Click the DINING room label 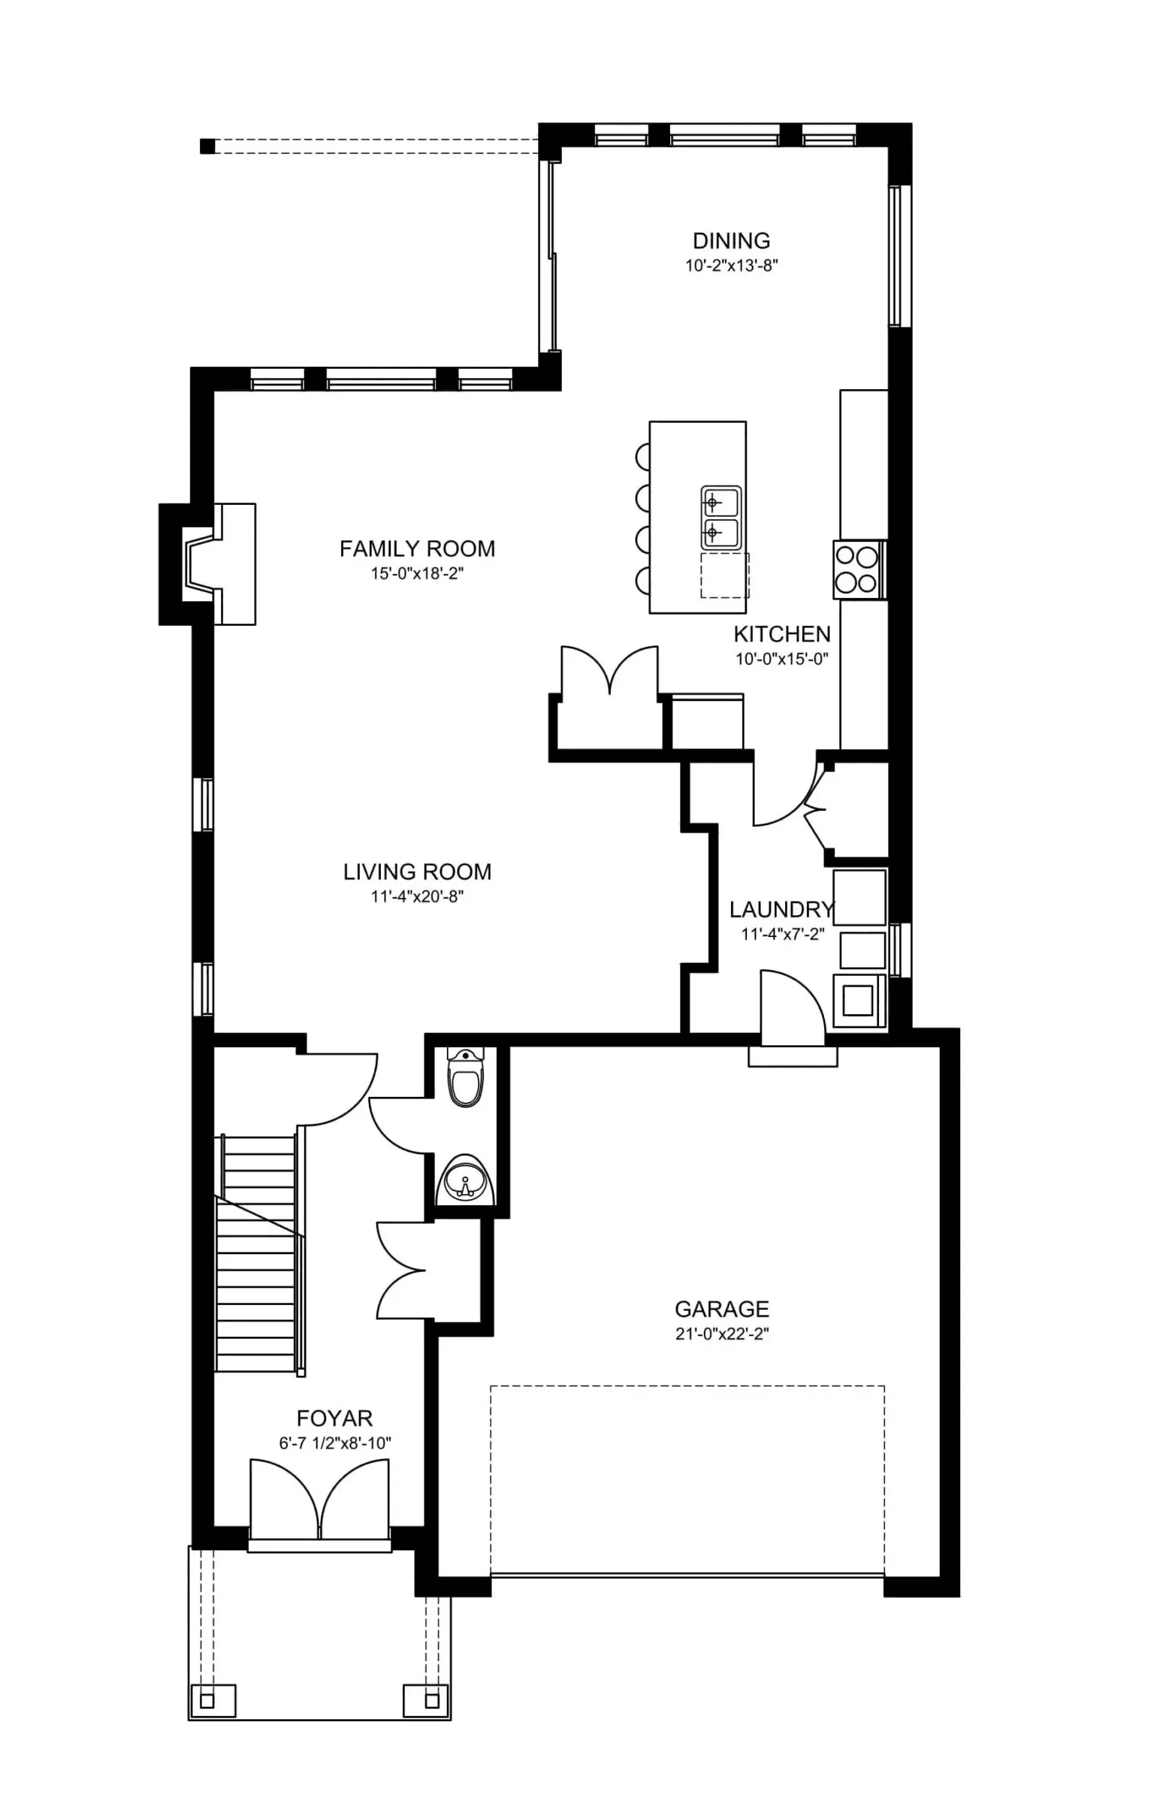point(731,241)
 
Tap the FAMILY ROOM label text point(417,549)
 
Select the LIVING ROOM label point(417,872)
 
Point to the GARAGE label point(721,1309)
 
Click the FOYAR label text point(334,1418)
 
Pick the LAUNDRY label point(781,910)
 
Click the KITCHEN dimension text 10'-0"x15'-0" point(781,658)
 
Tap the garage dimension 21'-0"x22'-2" point(721,1334)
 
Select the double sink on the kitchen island point(720,518)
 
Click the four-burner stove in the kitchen point(859,570)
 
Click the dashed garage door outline point(687,1480)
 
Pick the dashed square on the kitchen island point(724,576)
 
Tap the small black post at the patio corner point(207,146)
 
